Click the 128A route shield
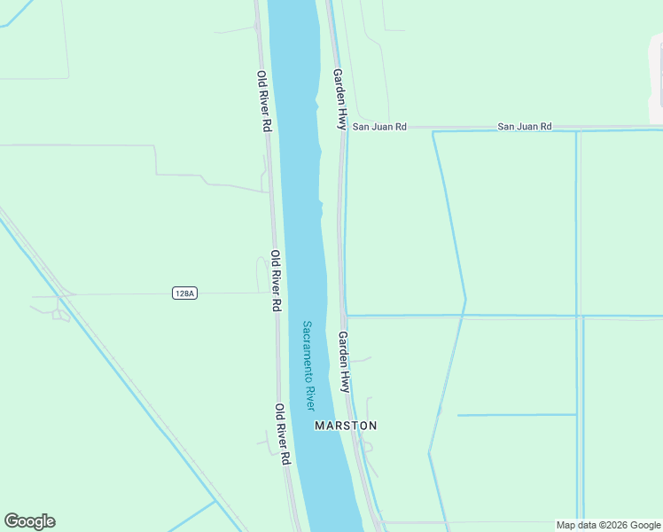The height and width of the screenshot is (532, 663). (x=183, y=293)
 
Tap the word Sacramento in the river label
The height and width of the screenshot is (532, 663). (x=307, y=350)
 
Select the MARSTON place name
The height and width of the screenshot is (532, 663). (x=346, y=426)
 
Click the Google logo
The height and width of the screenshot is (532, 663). (x=29, y=521)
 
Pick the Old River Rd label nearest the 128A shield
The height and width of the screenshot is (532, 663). (x=276, y=280)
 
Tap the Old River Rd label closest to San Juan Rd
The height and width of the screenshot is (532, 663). (x=263, y=101)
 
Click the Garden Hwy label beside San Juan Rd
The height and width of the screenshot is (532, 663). (x=339, y=98)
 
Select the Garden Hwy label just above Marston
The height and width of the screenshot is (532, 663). (x=344, y=362)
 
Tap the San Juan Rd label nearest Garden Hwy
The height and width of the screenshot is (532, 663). (x=379, y=127)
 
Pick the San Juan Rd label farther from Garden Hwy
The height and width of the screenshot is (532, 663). (x=524, y=127)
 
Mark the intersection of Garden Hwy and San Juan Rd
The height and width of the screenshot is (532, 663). (x=344, y=128)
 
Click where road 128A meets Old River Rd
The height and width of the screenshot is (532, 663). (x=270, y=293)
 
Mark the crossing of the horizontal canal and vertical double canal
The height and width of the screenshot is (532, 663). (x=578, y=316)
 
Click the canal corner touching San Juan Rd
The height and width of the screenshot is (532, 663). (x=433, y=132)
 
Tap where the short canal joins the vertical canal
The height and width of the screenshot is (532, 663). (x=576, y=415)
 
